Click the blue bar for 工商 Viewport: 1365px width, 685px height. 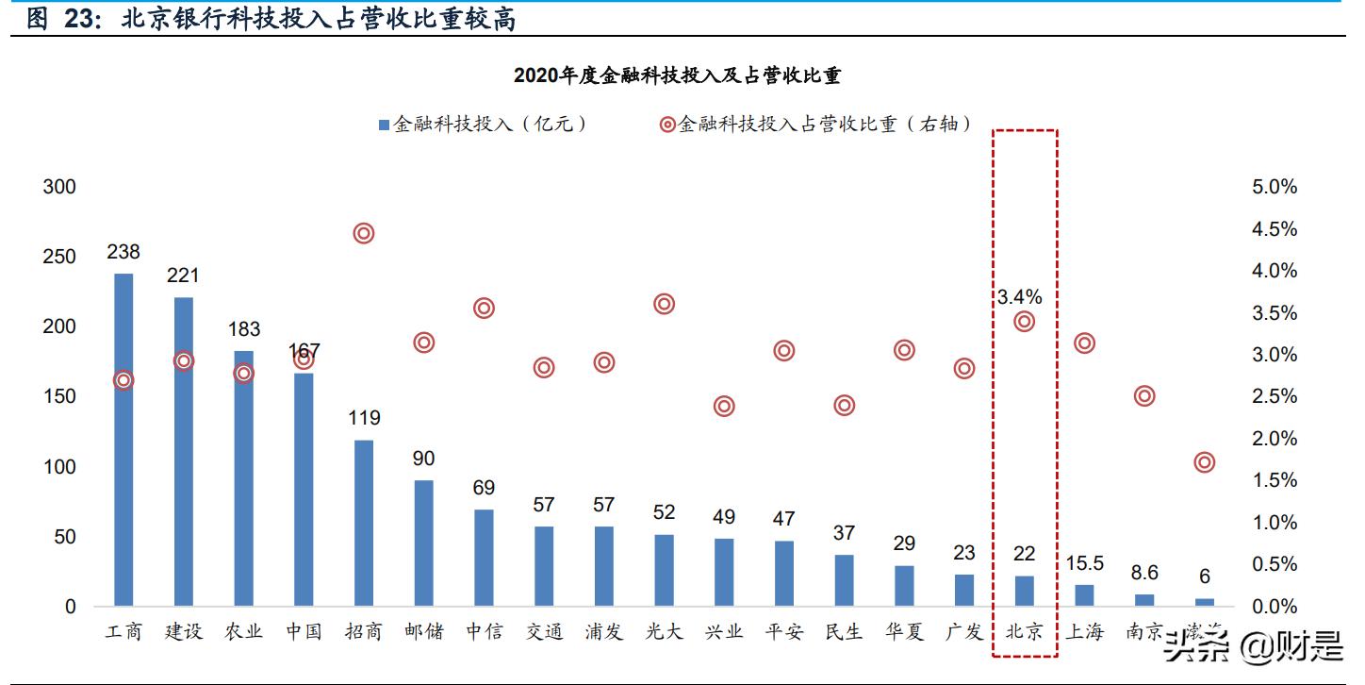[x=123, y=439]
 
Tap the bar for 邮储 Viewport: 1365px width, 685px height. [x=424, y=543]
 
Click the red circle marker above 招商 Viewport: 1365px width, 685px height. [x=364, y=233]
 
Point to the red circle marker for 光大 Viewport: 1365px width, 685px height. [x=665, y=304]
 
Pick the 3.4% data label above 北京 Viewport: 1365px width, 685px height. [x=1020, y=297]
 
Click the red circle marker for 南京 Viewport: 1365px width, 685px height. [x=1144, y=396]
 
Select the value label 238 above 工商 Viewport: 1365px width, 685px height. [x=123, y=252]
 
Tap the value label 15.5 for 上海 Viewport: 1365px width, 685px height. [x=1085, y=563]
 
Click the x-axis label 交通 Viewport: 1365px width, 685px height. [x=544, y=631]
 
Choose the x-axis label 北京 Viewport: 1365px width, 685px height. [x=1025, y=631]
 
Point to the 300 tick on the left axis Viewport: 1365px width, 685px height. [x=59, y=187]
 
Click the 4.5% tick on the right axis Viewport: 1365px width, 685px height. [x=1275, y=229]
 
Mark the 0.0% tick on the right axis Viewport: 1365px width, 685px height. [x=1275, y=607]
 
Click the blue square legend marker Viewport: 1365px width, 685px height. [x=383, y=125]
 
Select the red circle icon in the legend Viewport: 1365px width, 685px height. [x=667, y=125]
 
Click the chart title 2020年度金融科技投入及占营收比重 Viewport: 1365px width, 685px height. [x=677, y=75]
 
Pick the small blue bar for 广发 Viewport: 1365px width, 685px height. [x=964, y=589]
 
